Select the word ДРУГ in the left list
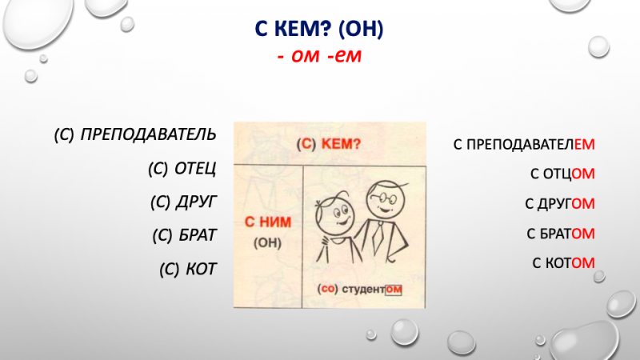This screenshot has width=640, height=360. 195,201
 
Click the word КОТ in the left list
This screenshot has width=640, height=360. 200,269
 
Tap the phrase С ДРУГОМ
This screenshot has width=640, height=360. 560,204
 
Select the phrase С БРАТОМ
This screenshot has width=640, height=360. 561,234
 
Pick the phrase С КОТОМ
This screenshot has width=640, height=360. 564,262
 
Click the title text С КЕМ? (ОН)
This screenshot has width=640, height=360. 320,30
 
